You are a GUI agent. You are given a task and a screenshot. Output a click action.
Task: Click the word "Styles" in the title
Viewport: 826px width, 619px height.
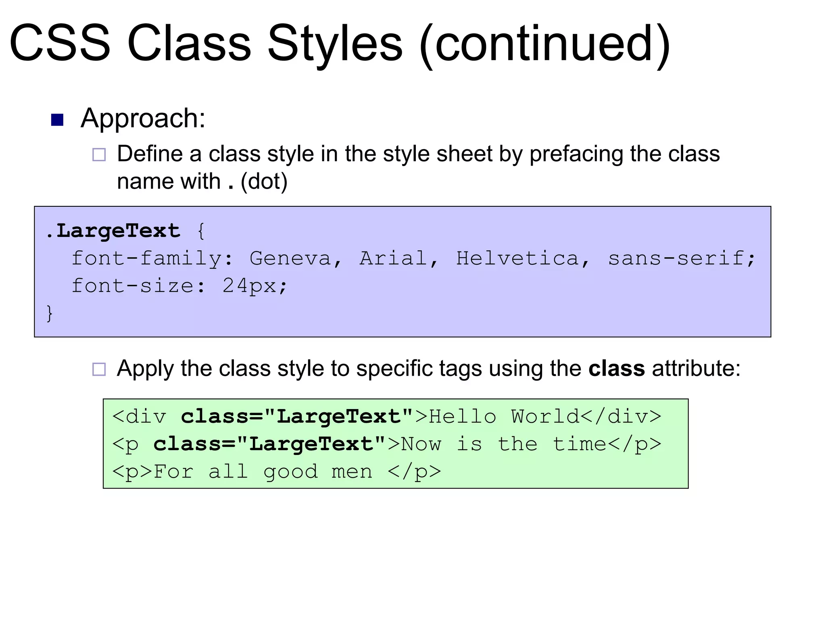pyautogui.click(x=334, y=44)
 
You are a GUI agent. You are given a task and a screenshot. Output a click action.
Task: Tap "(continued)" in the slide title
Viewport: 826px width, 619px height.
pyautogui.click(x=544, y=44)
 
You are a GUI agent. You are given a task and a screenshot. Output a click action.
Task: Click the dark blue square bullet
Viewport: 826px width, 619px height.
pyautogui.click(x=57, y=120)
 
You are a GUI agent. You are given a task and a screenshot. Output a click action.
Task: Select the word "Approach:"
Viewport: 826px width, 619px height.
pyautogui.click(x=143, y=118)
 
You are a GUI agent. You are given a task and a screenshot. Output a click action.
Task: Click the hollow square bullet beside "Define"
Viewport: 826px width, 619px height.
pyautogui.click(x=99, y=155)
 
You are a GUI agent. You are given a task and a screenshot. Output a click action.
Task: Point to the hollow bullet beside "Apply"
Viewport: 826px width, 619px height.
pyautogui.click(x=99, y=369)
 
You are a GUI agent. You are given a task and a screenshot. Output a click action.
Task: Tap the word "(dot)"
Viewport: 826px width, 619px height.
pyautogui.click(x=264, y=182)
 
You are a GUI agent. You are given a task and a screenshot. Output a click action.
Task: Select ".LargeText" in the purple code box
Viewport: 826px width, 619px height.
pyautogui.click(x=113, y=231)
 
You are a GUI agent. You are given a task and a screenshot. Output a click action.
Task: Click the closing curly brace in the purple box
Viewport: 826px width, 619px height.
pyautogui.click(x=50, y=313)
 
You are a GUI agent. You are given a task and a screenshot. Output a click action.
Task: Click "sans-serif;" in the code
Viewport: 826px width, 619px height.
pyautogui.click(x=681, y=258)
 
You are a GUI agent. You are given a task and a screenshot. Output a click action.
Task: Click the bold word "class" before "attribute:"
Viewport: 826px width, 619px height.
pyautogui.click(x=616, y=368)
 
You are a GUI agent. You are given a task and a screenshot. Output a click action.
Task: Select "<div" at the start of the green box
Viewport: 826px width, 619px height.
pyautogui.click(x=139, y=417)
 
